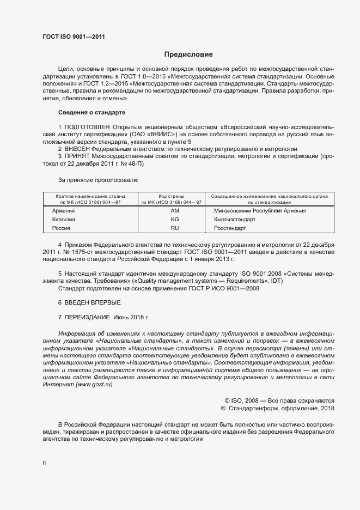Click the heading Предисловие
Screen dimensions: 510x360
[x=188, y=54]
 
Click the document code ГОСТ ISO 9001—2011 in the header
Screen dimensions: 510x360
[x=74, y=37]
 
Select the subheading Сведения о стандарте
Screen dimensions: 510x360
[x=91, y=112]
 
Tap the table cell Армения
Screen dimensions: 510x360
[x=63, y=210]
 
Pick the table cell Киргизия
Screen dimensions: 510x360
[x=63, y=219]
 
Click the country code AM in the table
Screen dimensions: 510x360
[x=175, y=210]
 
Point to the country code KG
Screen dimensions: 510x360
[x=175, y=219]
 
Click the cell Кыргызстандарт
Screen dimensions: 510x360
[x=234, y=219]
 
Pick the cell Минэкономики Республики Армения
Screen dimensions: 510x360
[x=260, y=210]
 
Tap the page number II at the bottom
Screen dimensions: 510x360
[x=44, y=463]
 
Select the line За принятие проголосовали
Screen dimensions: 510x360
[x=99, y=179]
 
